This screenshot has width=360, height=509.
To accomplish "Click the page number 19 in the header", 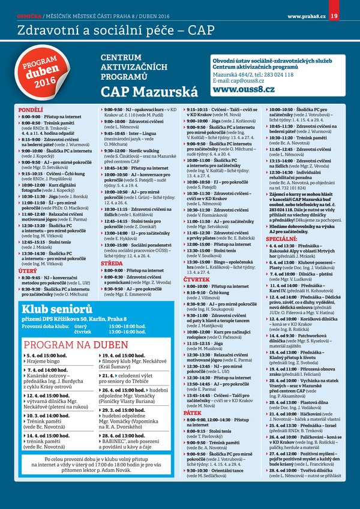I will point(350,7).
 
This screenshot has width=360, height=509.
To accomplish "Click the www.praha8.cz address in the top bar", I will point(307,7).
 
